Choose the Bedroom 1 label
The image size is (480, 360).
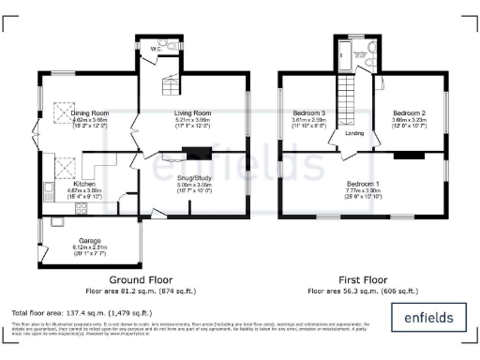[363, 183]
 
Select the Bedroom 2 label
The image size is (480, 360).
[409, 113]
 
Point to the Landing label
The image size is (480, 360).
[354, 133]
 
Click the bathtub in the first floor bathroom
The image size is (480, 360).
[339, 53]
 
